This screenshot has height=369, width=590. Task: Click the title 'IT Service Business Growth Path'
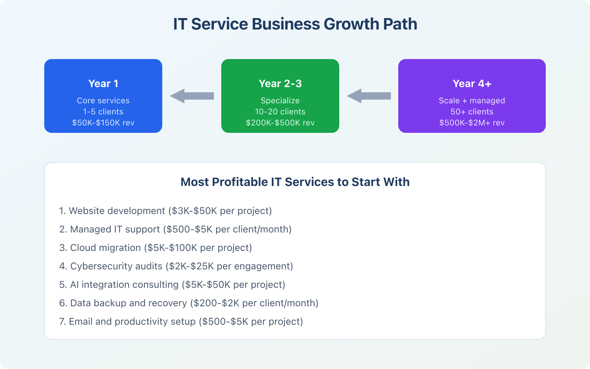[x=295, y=24]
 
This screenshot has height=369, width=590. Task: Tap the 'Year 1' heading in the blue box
[x=103, y=84]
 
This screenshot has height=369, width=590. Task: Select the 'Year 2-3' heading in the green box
[x=280, y=84]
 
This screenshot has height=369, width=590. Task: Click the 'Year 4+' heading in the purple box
[x=472, y=84]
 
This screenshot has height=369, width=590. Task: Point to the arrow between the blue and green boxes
[x=192, y=96]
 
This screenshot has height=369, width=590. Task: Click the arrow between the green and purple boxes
[x=369, y=96]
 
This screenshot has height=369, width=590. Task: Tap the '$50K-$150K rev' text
[x=103, y=123]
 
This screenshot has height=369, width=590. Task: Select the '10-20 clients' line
[x=280, y=112]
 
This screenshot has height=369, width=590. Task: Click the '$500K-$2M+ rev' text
[x=472, y=123]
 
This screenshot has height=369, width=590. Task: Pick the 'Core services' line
[x=103, y=101]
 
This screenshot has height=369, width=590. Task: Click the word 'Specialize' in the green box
[x=280, y=101]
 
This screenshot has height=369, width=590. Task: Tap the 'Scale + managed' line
[x=472, y=101]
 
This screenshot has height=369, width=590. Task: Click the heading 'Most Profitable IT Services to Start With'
[x=295, y=182]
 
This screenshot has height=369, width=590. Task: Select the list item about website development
[x=166, y=211]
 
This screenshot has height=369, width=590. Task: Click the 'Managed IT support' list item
[x=176, y=229]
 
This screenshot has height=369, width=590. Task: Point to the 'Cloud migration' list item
[x=156, y=248]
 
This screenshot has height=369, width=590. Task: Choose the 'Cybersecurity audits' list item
[x=176, y=266]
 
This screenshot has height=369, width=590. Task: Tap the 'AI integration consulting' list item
[x=172, y=284]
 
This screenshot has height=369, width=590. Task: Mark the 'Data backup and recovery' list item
[x=189, y=303]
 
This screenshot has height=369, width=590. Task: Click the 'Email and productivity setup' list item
[x=181, y=321]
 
